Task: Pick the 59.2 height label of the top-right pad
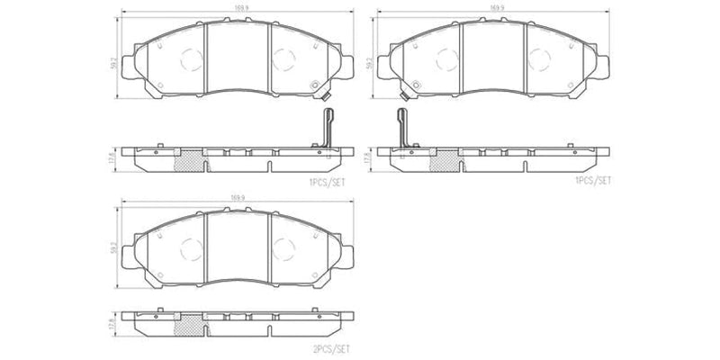coord(370,65)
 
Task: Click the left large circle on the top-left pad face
coord(192,58)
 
